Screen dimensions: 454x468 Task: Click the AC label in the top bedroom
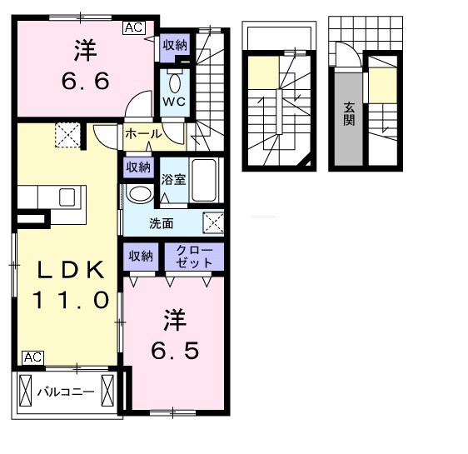(x=133, y=27)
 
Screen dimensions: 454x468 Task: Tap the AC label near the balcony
(x=32, y=357)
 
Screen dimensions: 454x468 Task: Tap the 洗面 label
(x=162, y=223)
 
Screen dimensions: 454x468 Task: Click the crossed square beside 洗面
(x=214, y=222)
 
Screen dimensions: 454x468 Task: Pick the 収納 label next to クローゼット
(x=140, y=256)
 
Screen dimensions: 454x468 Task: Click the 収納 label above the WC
(x=174, y=45)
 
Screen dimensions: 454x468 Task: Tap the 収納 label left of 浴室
(x=139, y=167)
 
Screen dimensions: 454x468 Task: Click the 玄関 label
(x=349, y=113)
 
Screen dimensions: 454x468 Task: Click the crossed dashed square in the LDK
(x=67, y=133)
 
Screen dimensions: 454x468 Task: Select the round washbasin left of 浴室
(x=140, y=194)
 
